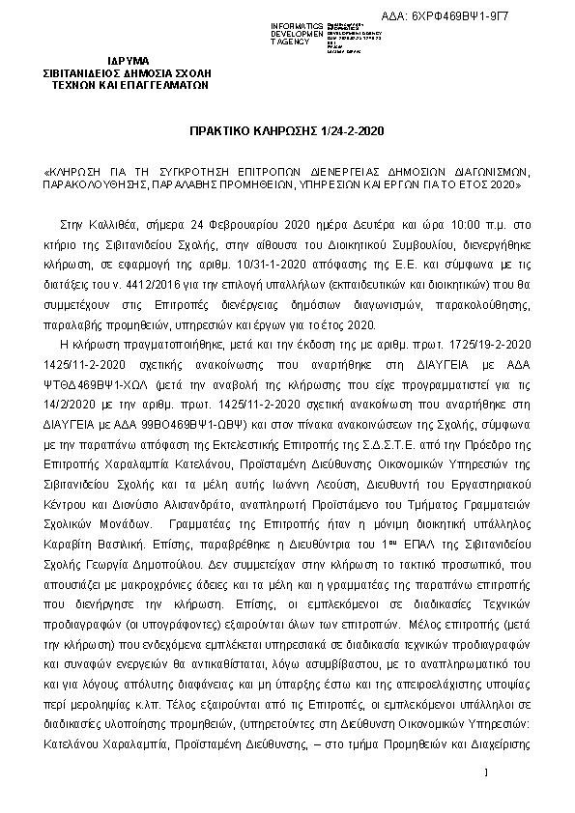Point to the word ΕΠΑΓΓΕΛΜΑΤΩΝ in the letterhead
163,85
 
